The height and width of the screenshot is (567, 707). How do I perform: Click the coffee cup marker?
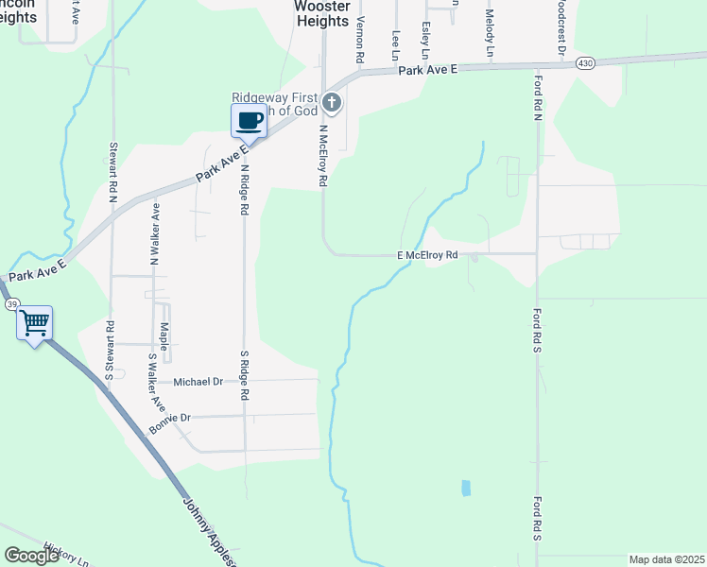coord(250,121)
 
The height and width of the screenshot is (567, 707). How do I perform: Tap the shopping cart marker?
coord(35,323)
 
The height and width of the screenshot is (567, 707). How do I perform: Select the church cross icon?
coord(332,102)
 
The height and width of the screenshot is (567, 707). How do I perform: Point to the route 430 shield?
coord(585,63)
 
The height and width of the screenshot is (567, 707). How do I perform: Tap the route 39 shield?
coord(11,304)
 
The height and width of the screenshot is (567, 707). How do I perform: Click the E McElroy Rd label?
coord(427,255)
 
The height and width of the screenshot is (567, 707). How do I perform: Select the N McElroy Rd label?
coord(322,155)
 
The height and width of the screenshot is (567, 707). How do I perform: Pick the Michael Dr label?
coord(198,382)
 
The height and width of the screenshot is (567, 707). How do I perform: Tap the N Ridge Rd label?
coord(244,188)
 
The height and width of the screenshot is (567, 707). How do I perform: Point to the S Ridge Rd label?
coord(244,374)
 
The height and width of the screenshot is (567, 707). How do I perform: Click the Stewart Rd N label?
coord(112,173)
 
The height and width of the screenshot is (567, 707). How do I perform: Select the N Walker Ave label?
coord(155,232)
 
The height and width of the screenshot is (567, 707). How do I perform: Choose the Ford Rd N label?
coord(536,101)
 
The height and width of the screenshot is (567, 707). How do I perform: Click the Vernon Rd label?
coord(360,39)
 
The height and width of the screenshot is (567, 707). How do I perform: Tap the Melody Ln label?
coord(490,31)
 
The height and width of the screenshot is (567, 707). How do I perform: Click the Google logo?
coord(31,556)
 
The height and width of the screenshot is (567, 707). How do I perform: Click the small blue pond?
coord(466,488)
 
